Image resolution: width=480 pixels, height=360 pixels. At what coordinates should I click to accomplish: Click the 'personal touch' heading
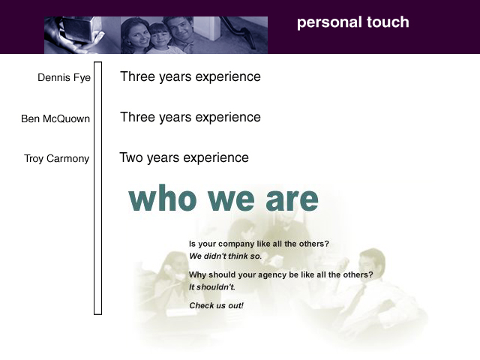(353, 22)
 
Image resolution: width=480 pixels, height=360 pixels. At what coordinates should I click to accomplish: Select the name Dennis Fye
(64, 78)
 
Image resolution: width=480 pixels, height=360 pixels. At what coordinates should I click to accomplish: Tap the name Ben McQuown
(55, 118)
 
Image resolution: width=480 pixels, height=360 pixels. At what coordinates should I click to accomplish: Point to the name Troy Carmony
(57, 159)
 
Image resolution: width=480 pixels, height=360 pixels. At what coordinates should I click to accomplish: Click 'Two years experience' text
(184, 158)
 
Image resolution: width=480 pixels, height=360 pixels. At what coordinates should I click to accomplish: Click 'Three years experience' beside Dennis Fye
(190, 76)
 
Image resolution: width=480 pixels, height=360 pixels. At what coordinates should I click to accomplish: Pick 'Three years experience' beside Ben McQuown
(190, 118)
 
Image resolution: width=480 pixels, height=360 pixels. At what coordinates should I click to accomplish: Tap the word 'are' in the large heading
(292, 199)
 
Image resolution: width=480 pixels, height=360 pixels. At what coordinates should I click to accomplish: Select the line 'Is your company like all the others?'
(259, 244)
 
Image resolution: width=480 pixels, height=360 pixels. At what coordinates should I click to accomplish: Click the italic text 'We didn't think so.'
(225, 256)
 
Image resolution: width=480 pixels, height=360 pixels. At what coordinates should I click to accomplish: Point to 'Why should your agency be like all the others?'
(281, 274)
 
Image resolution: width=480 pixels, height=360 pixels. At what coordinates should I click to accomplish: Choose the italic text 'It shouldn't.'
(211, 287)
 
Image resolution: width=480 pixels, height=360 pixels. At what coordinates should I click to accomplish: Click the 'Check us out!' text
(216, 305)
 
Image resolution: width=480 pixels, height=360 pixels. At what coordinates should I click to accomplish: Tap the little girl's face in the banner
(159, 37)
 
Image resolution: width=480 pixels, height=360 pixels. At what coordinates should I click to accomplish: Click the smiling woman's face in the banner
(137, 34)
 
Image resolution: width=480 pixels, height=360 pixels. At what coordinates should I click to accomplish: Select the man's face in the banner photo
(180, 30)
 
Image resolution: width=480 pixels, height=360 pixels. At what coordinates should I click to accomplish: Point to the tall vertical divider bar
(97, 188)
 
